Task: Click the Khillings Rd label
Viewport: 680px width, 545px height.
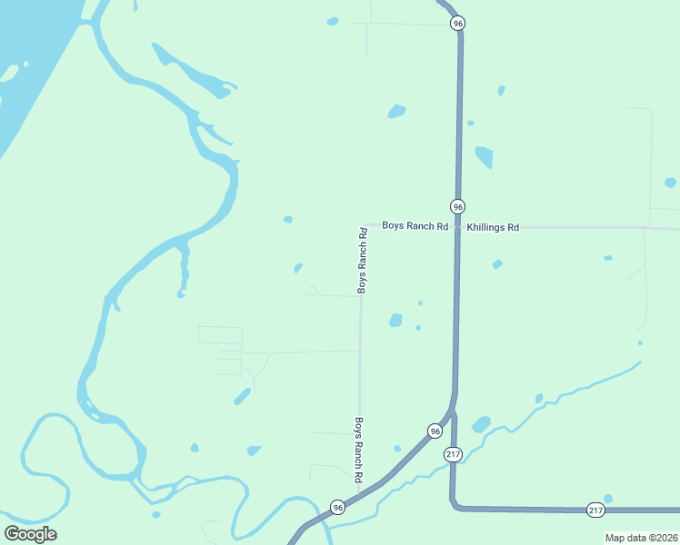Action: point(493,227)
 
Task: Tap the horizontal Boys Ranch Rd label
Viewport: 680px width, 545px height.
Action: point(415,225)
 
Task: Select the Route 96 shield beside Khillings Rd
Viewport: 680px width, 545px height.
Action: point(457,206)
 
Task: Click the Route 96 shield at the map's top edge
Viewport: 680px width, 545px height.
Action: point(457,24)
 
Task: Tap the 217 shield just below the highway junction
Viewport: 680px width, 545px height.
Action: point(454,453)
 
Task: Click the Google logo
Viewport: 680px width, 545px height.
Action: point(31,533)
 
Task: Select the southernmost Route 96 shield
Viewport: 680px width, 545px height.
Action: point(337,507)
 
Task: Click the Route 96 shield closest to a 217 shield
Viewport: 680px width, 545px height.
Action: point(435,431)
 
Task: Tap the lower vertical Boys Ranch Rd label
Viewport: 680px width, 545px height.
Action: point(359,450)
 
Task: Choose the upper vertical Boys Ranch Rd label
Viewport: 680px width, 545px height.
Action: point(363,260)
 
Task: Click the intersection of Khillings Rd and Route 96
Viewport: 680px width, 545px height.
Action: point(457,226)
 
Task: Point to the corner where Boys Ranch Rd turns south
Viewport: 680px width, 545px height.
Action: point(363,225)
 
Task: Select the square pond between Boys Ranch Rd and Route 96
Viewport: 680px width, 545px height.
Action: point(395,320)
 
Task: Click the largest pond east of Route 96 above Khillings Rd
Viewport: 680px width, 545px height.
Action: point(484,157)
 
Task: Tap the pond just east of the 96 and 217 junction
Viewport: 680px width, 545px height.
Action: point(481,424)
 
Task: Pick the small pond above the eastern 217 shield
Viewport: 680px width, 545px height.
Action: point(607,498)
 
